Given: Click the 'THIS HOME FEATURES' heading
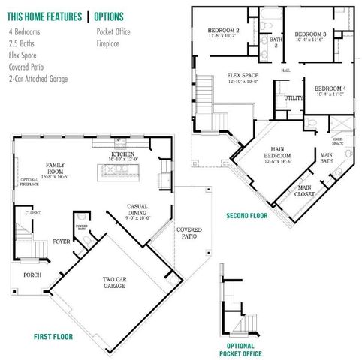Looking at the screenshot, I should [x=44, y=16].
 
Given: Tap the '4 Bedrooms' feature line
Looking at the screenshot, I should [x=25, y=33].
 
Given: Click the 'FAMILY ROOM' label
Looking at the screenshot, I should [x=56, y=167].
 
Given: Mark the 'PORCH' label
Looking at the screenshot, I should [x=32, y=274].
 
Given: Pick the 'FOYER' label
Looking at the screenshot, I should [x=61, y=241].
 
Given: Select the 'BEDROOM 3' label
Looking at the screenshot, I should [x=309, y=34].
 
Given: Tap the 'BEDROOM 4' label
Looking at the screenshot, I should [x=329, y=88].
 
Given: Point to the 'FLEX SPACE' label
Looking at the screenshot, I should [x=243, y=76].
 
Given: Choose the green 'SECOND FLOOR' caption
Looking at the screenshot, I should [x=246, y=216].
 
